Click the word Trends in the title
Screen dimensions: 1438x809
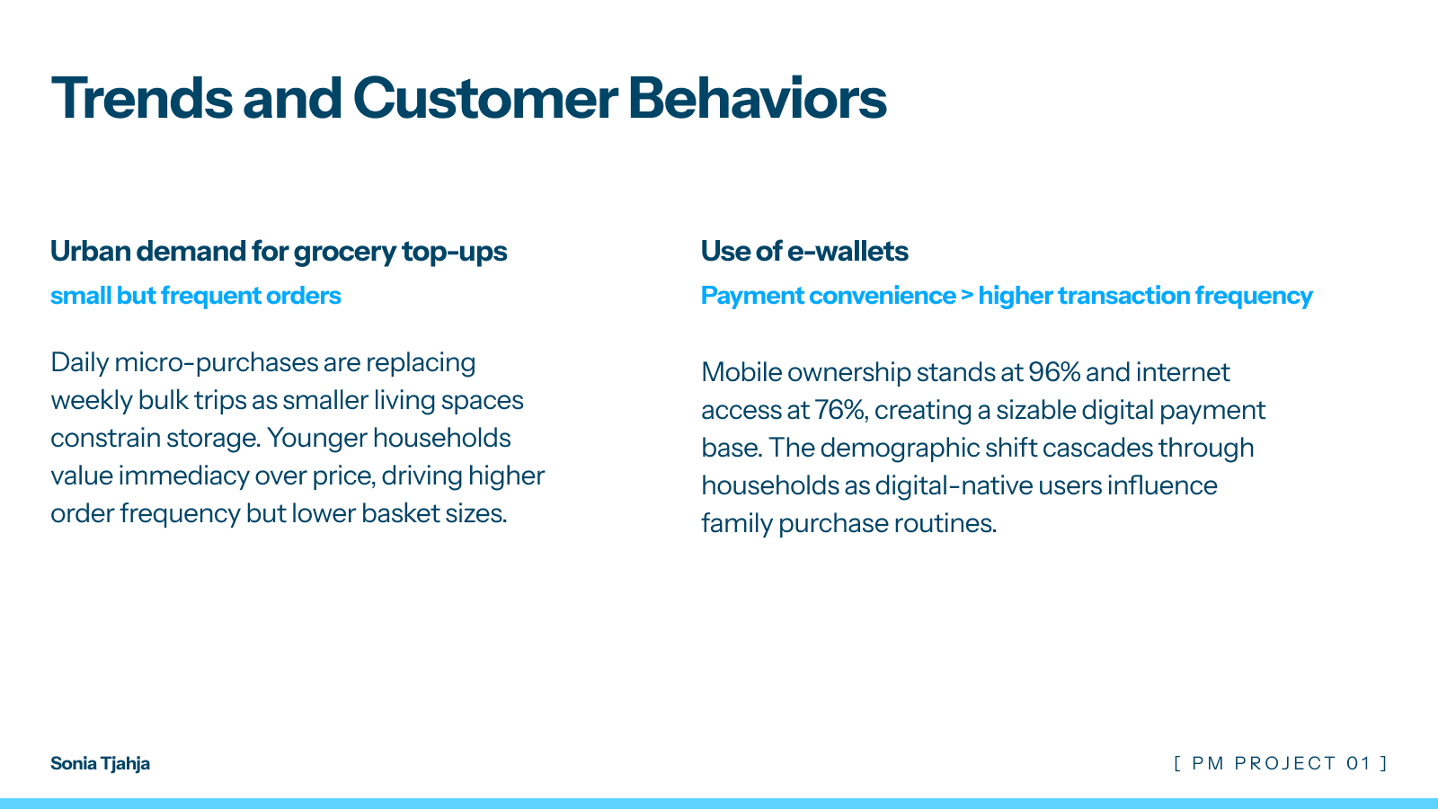(x=142, y=98)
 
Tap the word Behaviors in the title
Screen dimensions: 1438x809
(x=757, y=98)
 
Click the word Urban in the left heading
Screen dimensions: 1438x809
(x=91, y=251)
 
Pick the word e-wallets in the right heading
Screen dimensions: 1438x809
(x=848, y=251)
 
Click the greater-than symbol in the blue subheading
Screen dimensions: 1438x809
(x=967, y=296)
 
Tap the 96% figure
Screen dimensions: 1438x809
(x=1054, y=372)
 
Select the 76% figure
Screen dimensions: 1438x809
(x=839, y=410)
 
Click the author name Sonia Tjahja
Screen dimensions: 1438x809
(x=100, y=763)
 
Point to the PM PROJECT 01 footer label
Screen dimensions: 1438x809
(x=1281, y=763)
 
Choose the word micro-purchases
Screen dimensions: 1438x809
(x=216, y=363)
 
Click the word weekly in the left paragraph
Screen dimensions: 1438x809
(x=91, y=401)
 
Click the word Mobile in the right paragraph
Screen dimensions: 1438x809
(x=741, y=372)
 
